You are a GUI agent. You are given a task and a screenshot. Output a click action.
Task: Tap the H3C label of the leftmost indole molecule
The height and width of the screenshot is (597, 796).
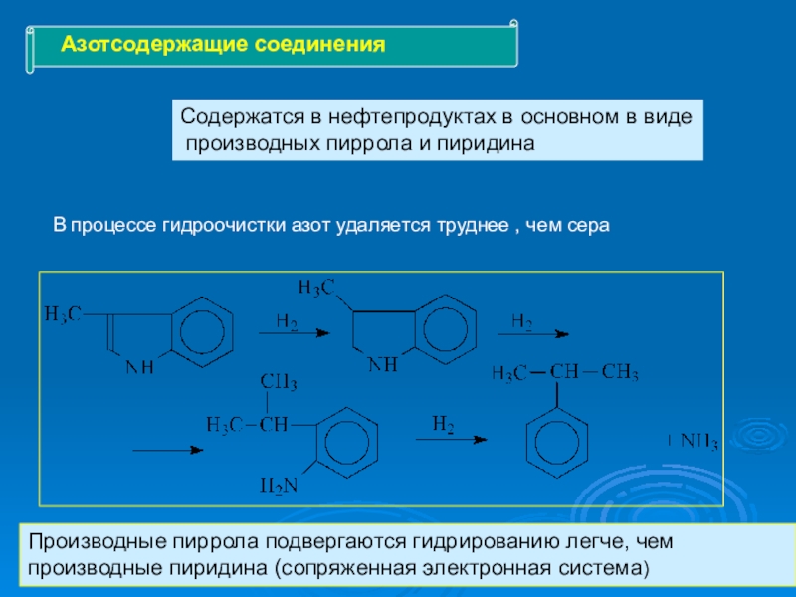63,314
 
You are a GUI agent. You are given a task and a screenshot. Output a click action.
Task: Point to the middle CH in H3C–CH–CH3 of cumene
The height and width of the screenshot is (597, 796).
564,373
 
